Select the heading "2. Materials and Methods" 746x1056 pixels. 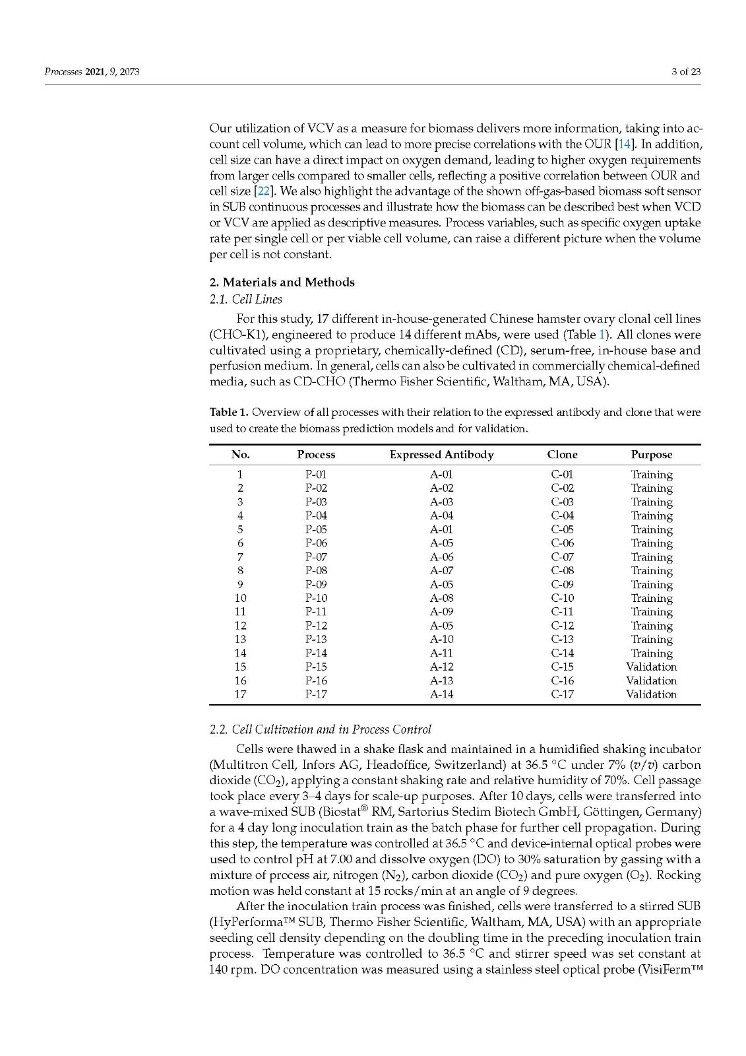coord(282,282)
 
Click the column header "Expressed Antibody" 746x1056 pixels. coord(441,455)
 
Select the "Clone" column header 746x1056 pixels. coord(562,455)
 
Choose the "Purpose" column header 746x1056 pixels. coord(651,455)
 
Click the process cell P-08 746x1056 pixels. coord(316,570)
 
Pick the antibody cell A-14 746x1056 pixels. coord(441,694)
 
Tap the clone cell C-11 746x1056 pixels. coord(562,612)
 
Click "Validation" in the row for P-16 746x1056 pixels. coord(651,680)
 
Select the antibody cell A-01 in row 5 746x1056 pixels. coord(441,529)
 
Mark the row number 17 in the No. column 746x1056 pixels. coord(240,694)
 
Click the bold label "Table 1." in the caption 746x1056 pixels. coord(229,412)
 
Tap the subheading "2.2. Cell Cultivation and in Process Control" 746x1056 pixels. coord(320,730)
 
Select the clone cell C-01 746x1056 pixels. coord(562,475)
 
